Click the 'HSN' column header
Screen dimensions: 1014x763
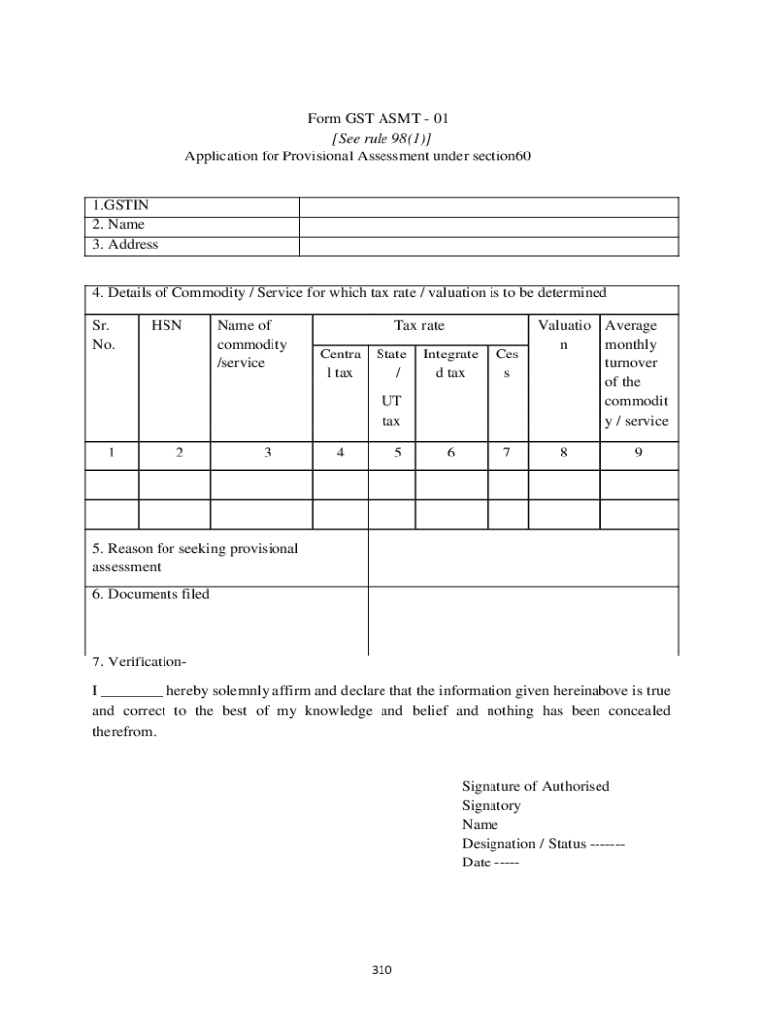[x=166, y=325]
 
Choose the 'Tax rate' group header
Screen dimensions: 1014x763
[x=419, y=325]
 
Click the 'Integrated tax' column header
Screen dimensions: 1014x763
[x=450, y=363]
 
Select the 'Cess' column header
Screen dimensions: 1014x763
[x=506, y=363]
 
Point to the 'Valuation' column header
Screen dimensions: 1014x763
[x=563, y=335]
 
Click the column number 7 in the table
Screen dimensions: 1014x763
[x=506, y=453]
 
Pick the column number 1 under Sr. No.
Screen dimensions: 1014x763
[x=112, y=453]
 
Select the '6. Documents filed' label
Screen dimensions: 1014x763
[x=151, y=594]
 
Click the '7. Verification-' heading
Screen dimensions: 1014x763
[x=140, y=661]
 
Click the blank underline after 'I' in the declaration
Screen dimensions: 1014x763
[x=132, y=691]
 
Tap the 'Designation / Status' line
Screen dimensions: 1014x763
[x=542, y=843]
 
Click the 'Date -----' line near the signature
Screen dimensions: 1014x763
[x=490, y=862]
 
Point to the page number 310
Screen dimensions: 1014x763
[x=382, y=970]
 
